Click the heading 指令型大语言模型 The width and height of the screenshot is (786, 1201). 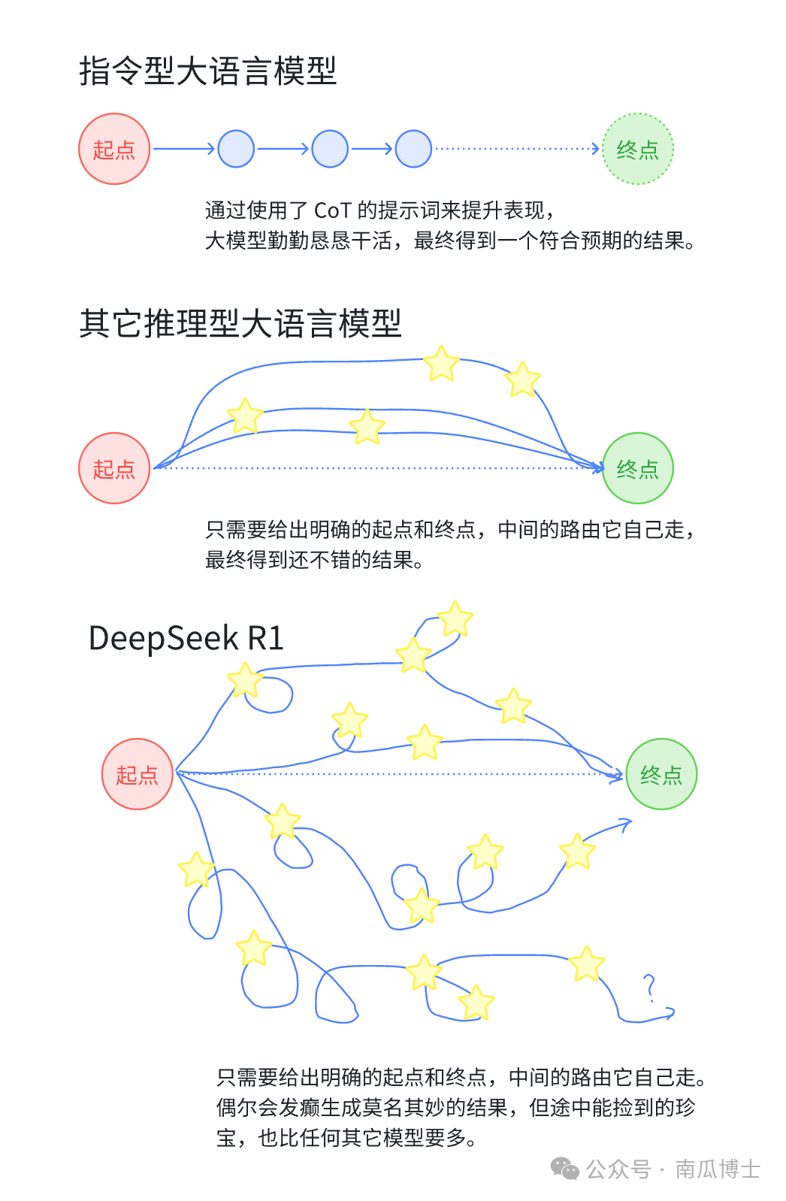coord(207,71)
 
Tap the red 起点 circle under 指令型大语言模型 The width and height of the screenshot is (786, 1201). coord(114,149)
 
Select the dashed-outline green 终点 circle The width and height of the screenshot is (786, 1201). coord(637,149)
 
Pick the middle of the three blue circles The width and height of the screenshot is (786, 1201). coord(329,149)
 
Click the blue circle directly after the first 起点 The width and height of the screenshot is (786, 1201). coord(236,149)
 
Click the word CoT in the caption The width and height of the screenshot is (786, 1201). coord(332,210)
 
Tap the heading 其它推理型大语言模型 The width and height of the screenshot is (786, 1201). coord(240,323)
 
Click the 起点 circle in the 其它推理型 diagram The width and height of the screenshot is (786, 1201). coord(114,468)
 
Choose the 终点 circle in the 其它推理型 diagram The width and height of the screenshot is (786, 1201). coord(637,468)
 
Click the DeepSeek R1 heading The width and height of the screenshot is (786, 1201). coord(186,638)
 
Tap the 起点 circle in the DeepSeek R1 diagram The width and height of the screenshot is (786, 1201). coord(138,774)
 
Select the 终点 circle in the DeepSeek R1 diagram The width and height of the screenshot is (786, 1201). coord(661,774)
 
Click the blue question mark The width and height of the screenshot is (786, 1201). coord(650,988)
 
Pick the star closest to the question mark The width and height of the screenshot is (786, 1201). coord(586,964)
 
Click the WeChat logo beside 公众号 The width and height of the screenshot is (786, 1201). coord(564,1169)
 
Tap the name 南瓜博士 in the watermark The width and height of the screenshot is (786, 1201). coord(717,1169)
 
